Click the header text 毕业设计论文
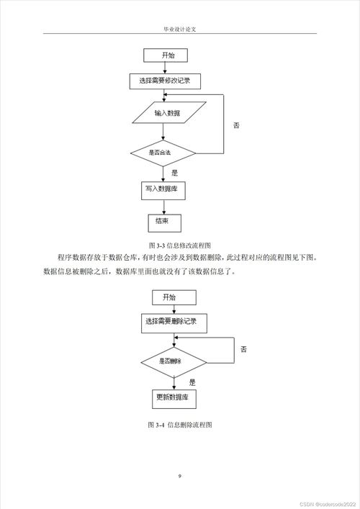(x=180, y=30)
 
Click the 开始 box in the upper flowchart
(x=166, y=55)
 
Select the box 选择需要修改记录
(x=169, y=81)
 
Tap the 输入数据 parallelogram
(x=168, y=114)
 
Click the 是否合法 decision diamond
(x=163, y=153)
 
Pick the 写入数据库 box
(x=162, y=188)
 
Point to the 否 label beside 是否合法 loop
(x=236, y=125)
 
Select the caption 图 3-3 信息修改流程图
(x=179, y=245)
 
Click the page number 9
(x=180, y=476)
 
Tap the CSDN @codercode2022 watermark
(x=324, y=503)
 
